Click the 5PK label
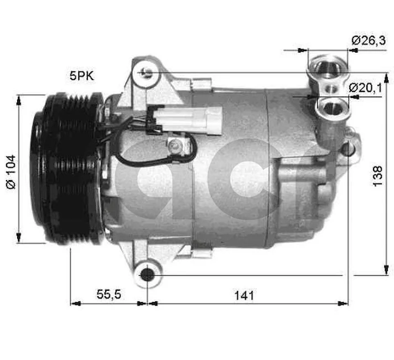click(x=82, y=76)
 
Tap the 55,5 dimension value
click(x=108, y=295)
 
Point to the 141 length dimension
click(x=243, y=295)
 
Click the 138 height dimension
click(x=378, y=175)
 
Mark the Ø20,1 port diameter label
click(x=365, y=88)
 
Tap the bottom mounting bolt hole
click(x=147, y=274)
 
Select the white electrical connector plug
click(x=188, y=117)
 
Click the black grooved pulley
click(x=66, y=169)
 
